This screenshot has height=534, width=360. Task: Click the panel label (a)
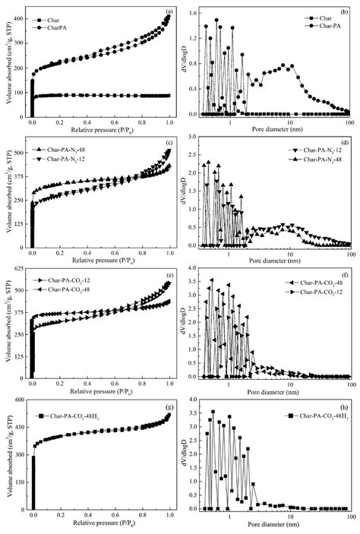click(x=167, y=11)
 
